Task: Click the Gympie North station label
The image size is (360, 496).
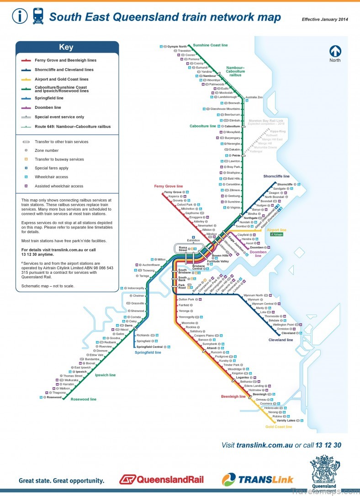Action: point(177,47)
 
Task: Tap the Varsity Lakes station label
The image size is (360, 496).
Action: point(283,421)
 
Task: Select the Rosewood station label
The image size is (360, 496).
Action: point(54,397)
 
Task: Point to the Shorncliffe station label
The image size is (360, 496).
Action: point(285,184)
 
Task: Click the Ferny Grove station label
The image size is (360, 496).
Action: point(173,192)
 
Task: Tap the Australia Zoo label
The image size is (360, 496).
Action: point(254,97)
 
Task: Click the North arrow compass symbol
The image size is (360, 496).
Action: point(335,51)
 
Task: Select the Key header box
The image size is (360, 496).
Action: point(67,47)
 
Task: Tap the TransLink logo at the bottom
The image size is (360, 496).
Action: point(258,480)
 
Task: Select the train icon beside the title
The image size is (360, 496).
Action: point(37,16)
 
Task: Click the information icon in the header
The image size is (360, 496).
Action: point(20,16)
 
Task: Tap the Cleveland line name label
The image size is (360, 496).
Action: point(280,340)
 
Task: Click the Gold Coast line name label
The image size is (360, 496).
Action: point(279,427)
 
